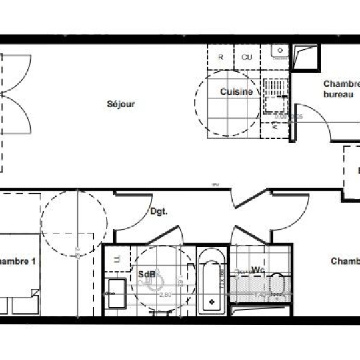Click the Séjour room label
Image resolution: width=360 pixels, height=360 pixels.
click(121, 104)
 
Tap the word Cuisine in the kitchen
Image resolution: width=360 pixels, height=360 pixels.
click(237, 92)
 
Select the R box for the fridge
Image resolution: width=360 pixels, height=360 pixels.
click(221, 57)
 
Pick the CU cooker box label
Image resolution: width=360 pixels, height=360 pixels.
click(247, 57)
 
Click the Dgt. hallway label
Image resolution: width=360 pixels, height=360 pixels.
click(158, 212)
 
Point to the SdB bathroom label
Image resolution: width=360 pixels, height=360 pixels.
click(147, 274)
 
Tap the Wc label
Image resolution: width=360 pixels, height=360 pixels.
click(258, 270)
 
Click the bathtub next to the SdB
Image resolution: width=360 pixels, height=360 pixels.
click(212, 281)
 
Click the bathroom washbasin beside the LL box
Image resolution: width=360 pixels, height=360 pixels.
click(116, 293)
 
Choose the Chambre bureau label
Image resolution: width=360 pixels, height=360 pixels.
click(341, 89)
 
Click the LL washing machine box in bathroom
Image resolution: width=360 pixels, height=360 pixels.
click(116, 259)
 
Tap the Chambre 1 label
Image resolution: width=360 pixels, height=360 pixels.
click(17, 262)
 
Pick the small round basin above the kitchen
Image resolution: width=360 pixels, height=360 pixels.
click(278, 49)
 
